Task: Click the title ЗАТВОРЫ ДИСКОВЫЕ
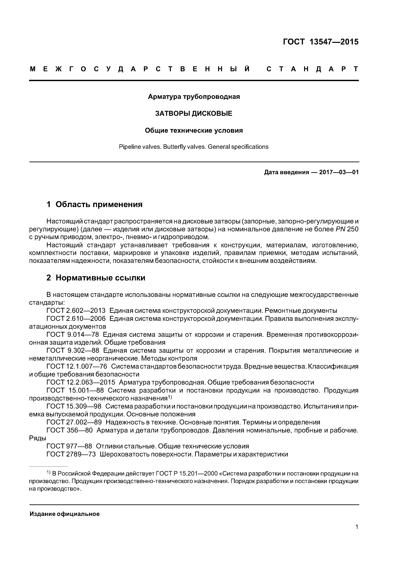(194, 114)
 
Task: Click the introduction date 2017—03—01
(339, 172)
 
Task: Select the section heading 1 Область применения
(95, 204)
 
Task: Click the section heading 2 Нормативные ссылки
(96, 278)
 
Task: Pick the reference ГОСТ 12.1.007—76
(77, 366)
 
